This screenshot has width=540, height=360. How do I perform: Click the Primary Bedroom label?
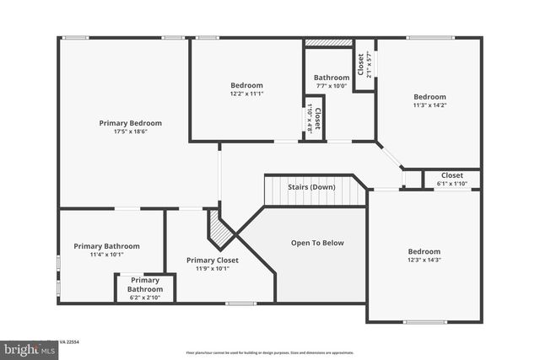[130, 123]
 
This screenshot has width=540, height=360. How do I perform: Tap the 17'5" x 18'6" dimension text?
[130, 132]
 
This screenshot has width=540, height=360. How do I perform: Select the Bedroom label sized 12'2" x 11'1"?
[246, 85]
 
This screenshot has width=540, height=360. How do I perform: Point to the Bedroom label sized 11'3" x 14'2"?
[429, 97]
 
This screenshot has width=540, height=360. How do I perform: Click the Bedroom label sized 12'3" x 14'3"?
[424, 251]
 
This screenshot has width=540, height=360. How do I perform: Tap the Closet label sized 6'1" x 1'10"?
[451, 175]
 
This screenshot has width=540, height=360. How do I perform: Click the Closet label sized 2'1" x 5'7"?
[361, 65]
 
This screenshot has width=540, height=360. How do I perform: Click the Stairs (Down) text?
[311, 187]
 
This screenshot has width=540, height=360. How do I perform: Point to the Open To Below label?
[317, 243]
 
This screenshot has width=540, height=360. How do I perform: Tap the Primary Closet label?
[208, 261]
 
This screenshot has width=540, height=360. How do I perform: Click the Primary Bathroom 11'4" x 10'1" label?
[106, 246]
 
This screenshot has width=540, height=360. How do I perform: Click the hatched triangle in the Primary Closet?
[219, 229]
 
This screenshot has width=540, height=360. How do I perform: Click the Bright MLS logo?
[25, 348]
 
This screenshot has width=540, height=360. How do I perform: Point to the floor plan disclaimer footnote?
[270, 352]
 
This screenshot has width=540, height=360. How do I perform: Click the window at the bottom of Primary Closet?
[240, 303]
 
